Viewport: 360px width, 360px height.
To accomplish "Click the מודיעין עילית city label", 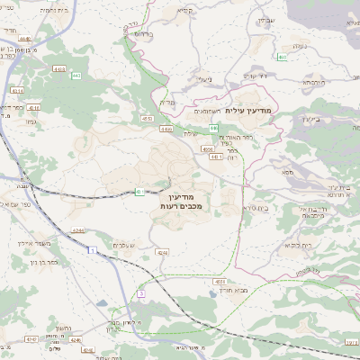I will [x=248, y=109].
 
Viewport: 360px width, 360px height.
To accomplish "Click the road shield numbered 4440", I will [x=24, y=39].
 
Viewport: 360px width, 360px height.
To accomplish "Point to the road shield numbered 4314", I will [x=18, y=91].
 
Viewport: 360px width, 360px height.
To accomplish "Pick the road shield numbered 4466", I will [x=166, y=130].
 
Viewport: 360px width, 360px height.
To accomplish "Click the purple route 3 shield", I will [x=140, y=293].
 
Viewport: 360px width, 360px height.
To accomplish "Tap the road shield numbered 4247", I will [x=32, y=339].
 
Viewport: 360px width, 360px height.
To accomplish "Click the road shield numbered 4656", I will [x=207, y=149].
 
